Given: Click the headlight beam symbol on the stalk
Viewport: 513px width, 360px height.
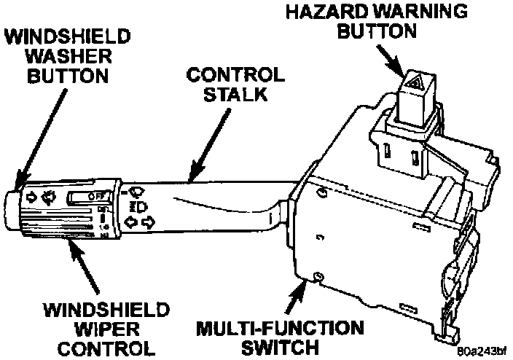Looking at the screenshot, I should pyautogui.click(x=136, y=206).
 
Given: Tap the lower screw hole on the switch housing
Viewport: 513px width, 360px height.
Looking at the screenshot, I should pyautogui.click(x=318, y=275).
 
